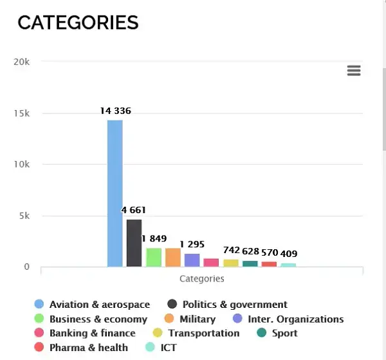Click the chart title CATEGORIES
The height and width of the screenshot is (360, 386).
78,23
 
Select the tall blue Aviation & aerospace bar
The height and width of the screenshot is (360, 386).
115,193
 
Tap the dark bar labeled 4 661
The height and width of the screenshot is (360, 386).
134,243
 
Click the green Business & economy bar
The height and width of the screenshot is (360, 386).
153,257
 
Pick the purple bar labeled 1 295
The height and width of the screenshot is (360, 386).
192,260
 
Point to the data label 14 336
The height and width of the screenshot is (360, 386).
116,111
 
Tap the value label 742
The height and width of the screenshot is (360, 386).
232,250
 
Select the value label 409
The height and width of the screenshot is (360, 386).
288,254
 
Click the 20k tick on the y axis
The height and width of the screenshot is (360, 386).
22,62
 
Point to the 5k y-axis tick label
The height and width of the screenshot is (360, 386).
24,216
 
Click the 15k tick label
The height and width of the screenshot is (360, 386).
22,113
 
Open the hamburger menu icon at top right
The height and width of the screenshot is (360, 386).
354,71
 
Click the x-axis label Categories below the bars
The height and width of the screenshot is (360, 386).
201,279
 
